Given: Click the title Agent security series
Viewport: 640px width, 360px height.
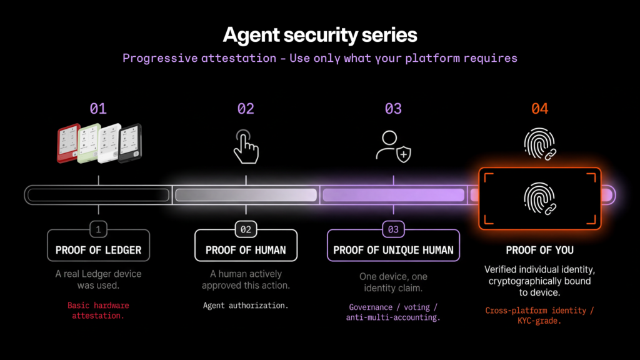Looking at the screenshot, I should (320, 34).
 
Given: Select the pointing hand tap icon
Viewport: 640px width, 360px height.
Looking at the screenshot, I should (246, 146).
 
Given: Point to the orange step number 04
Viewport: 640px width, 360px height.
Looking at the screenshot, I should (539, 109).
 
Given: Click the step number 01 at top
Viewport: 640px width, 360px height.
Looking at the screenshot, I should (98, 109).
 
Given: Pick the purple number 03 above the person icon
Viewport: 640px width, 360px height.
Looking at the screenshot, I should (393, 109).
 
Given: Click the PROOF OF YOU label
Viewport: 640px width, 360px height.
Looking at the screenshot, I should (539, 250).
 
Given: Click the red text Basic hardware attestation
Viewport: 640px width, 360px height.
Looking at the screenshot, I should (98, 311).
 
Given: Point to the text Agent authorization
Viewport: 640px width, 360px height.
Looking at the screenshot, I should (246, 306).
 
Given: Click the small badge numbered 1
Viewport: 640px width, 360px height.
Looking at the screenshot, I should (98, 229).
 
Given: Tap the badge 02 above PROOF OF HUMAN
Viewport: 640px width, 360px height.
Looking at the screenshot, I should (246, 229).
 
